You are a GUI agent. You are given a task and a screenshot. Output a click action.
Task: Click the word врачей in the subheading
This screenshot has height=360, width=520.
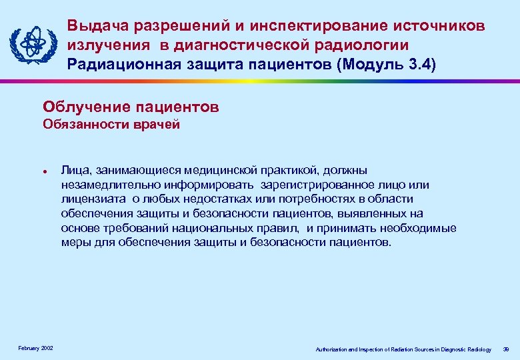[x=159, y=124]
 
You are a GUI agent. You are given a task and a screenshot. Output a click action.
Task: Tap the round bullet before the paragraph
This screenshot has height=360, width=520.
[x=43, y=170]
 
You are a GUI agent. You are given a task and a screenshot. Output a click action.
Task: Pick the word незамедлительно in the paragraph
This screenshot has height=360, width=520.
[x=108, y=185]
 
